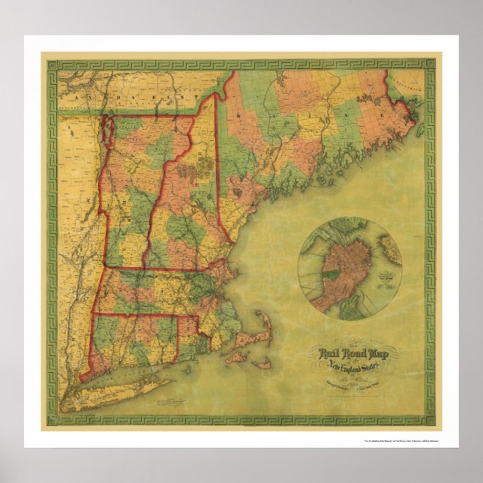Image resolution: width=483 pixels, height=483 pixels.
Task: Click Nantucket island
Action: [x=262, y=365]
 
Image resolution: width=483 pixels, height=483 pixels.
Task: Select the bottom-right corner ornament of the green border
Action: [x=428, y=420]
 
